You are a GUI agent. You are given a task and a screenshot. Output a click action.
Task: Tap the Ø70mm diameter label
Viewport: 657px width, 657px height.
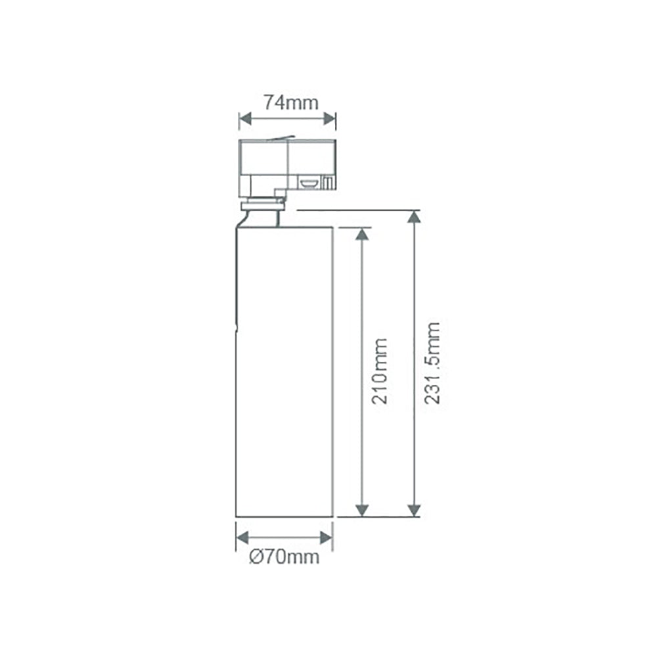284,557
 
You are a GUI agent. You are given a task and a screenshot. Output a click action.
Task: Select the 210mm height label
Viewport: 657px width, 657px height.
379,371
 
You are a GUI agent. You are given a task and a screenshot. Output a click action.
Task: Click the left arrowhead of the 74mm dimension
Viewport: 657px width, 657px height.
244,119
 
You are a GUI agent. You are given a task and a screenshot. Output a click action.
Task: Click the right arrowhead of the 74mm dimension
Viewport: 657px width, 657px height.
330,119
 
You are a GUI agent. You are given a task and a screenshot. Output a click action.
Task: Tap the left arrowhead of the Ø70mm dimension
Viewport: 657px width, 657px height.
242,537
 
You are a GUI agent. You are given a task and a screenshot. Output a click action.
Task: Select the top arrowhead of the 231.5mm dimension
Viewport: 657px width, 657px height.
414,217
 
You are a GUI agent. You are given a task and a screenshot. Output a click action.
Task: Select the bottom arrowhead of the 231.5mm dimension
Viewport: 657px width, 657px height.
414,510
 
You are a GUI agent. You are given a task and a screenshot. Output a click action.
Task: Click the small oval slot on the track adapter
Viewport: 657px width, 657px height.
309,181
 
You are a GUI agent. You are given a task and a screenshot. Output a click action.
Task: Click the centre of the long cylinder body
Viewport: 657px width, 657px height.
285,371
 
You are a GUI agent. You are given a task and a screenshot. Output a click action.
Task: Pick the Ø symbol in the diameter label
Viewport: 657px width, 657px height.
257,557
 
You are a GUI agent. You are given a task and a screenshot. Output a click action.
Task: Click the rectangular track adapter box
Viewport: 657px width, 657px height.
287,163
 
